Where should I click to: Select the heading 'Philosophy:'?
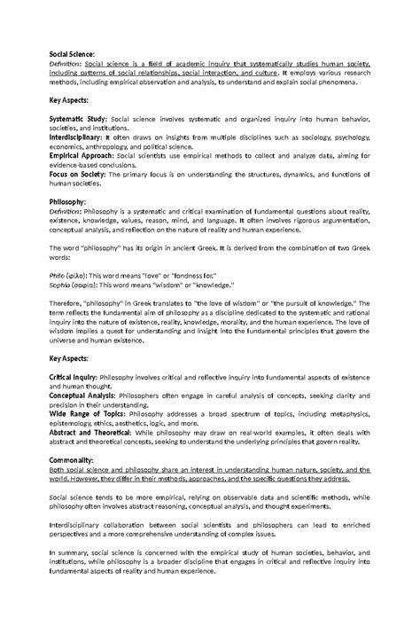pos(67,203)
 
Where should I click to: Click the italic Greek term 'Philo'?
pos(56,277)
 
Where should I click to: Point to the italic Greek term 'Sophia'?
pos(59,286)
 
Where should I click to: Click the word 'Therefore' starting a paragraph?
pos(67,304)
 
